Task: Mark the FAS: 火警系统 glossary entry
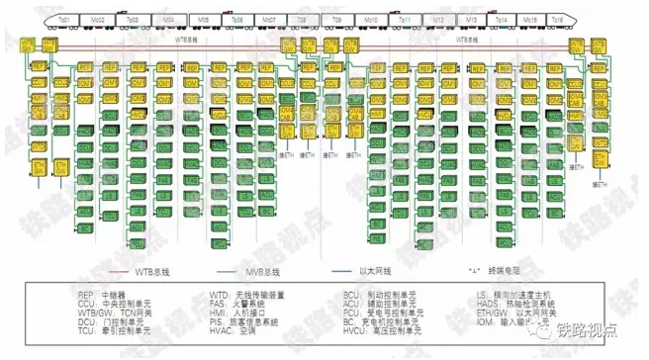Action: pos(237,304)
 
